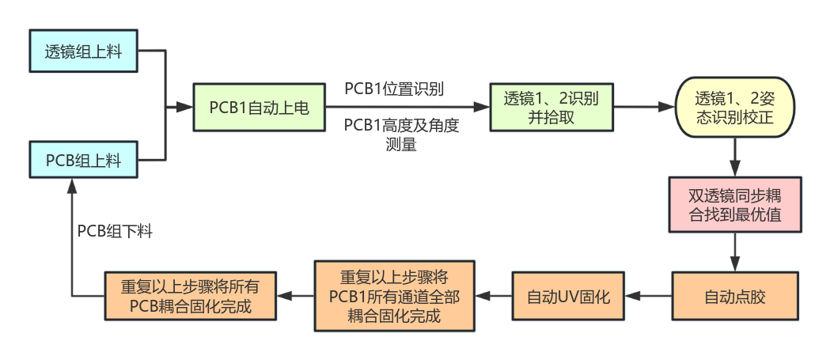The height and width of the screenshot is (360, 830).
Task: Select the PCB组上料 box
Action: pyautogui.click(x=84, y=160)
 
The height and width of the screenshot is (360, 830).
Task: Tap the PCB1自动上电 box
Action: pyautogui.click(x=259, y=108)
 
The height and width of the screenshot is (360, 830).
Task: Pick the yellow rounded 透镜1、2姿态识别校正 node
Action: pyautogui.click(x=733, y=108)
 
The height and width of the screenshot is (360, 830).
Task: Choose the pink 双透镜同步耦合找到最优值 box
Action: pyautogui.click(x=735, y=204)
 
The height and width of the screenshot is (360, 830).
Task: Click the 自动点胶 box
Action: pyautogui.click(x=735, y=297)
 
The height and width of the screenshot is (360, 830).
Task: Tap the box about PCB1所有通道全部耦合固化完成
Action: pyautogui.click(x=394, y=297)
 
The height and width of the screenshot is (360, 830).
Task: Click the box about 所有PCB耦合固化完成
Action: pyautogui.click(x=191, y=297)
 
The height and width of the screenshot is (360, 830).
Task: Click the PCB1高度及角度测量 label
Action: pyautogui.click(x=401, y=135)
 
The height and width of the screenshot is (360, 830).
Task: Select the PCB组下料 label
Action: pyautogui.click(x=115, y=231)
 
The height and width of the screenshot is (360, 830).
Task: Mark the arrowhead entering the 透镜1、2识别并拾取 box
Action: pyautogui.click(x=482, y=108)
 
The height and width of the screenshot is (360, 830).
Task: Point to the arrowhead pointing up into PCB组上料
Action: pyautogui.click(x=72, y=187)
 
